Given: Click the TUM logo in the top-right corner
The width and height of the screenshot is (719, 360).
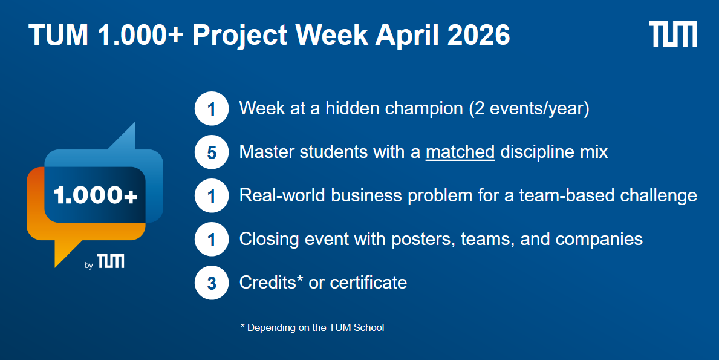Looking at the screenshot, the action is click(673, 34).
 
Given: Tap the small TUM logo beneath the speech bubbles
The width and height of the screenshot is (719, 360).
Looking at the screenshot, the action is click(110, 261).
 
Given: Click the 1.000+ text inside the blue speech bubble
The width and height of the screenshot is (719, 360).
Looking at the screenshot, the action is click(96, 195).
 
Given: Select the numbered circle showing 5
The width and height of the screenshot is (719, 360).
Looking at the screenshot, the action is click(212, 152).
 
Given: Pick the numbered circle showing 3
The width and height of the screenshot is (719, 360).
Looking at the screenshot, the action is click(212, 283).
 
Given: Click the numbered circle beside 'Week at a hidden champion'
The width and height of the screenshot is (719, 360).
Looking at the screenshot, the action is click(212, 109).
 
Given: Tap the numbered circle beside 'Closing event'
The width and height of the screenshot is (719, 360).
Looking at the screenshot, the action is click(212, 240).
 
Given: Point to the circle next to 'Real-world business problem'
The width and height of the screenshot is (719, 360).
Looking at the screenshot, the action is click(212, 196).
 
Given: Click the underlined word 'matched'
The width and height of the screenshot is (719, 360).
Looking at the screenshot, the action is click(460, 152).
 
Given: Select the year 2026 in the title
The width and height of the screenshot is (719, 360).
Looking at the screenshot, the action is click(478, 34).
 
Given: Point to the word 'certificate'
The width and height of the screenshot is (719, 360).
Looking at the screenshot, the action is click(369, 283).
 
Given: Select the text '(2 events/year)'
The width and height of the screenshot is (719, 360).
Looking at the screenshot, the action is click(529, 109).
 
